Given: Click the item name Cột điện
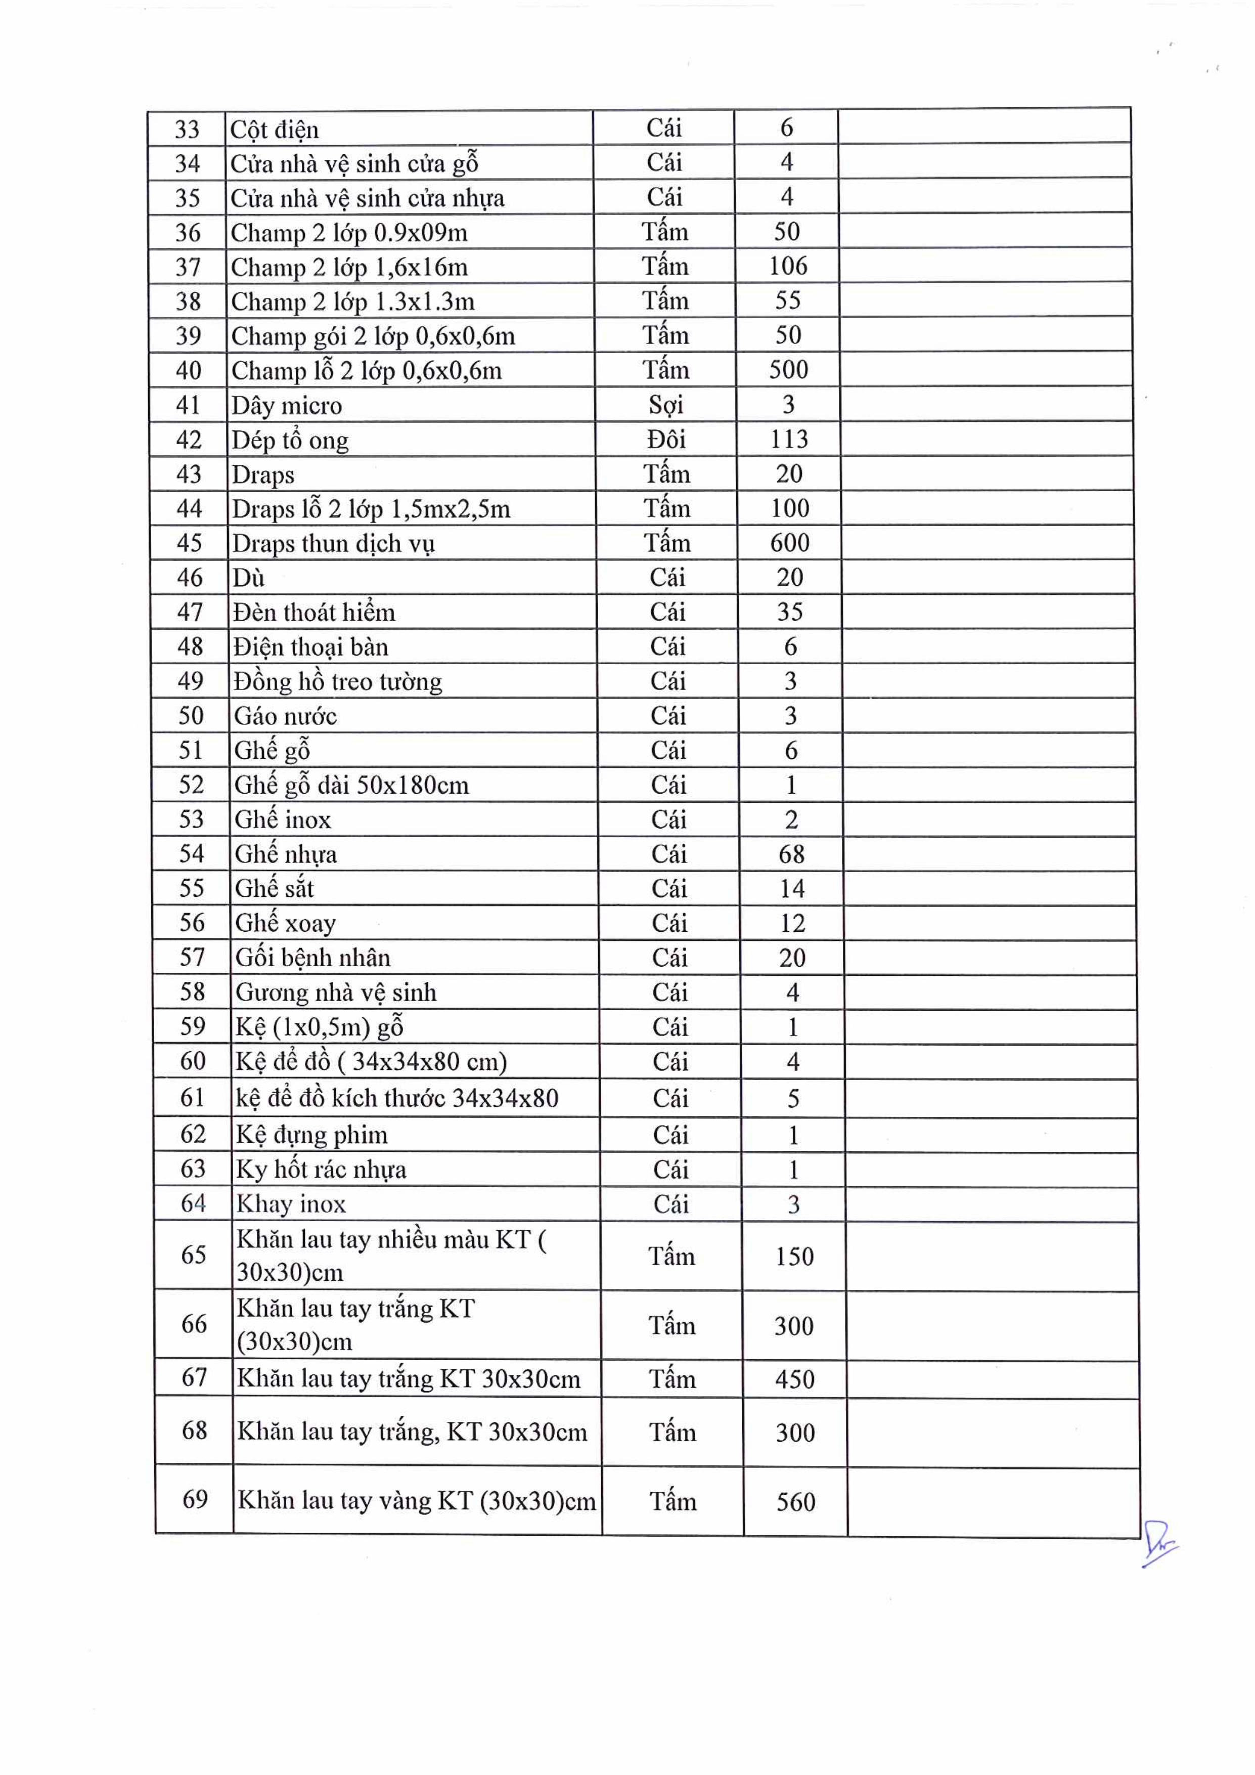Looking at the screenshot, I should pyautogui.click(x=275, y=129).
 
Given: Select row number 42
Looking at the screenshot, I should pyautogui.click(x=189, y=439).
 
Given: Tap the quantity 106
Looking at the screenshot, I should pyautogui.click(x=787, y=266).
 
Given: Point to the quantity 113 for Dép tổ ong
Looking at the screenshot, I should pyautogui.click(x=788, y=439).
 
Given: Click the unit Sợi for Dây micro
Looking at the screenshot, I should pyautogui.click(x=665, y=404).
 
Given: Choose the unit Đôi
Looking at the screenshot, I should pyautogui.click(x=666, y=439).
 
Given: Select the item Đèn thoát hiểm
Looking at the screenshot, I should pyautogui.click(x=313, y=612).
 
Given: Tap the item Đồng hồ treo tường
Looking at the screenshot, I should pyautogui.click(x=338, y=681).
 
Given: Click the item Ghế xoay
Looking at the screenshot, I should pyautogui.click(x=285, y=923).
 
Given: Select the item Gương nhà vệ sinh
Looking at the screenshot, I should pyautogui.click(x=335, y=992).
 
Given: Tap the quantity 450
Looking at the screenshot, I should pyautogui.click(x=794, y=1379).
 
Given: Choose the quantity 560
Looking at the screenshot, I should pyautogui.click(x=795, y=1501).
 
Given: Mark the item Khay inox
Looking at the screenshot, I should pyautogui.click(x=291, y=1204).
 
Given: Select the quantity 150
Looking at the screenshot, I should pyautogui.click(x=794, y=1257).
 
